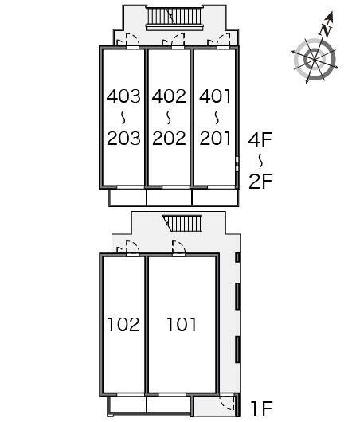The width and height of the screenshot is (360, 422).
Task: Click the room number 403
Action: pos(123,96)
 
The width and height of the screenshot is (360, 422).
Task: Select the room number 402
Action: pos(169,96)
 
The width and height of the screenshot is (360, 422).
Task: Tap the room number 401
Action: pos(215,96)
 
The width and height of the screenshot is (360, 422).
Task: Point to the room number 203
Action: pos(123,139)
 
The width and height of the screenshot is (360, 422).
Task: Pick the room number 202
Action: pos(169,139)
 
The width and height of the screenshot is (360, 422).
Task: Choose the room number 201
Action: pos(215,139)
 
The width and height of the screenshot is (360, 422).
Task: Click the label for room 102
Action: pos(123,324)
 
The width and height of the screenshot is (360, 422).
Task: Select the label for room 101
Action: pos(182,324)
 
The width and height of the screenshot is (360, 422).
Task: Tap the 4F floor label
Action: pos(260,139)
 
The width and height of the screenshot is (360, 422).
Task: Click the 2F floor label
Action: pos(260,181)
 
